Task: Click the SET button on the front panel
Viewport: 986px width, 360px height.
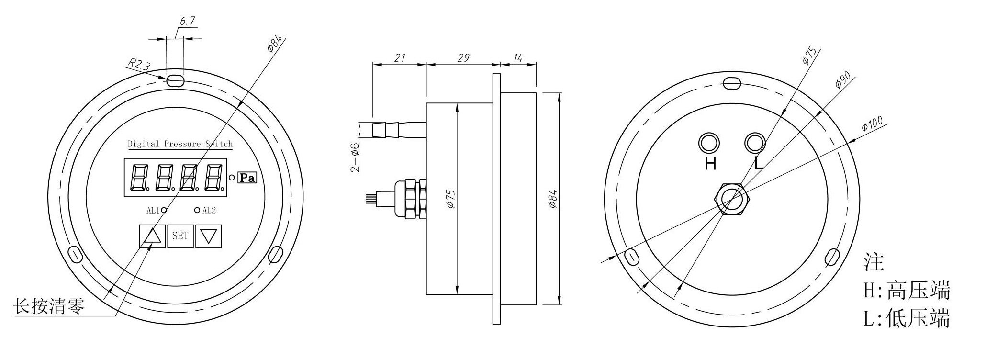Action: pos(180,236)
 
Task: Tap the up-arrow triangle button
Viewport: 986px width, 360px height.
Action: pos(152,236)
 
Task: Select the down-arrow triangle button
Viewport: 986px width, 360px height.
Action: pos(209,236)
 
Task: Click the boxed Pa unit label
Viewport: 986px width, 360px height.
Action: pos(247,178)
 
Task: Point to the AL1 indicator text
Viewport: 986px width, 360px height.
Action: pos(153,210)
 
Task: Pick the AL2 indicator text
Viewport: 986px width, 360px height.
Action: pos(209,210)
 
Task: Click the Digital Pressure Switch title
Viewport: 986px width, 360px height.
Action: pos(180,144)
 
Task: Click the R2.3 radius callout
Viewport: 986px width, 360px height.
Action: pos(138,64)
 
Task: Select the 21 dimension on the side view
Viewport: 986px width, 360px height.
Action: pos(400,58)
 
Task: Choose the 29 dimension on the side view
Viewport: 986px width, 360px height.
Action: pos(463,58)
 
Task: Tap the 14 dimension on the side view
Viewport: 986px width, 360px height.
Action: pos(518,58)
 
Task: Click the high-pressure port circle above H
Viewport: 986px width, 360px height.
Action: pos(709,143)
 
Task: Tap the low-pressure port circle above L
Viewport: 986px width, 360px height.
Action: pos(755,143)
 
